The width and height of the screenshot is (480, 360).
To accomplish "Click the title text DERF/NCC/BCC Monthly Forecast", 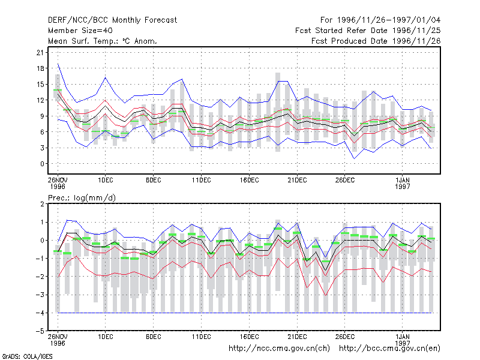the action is (x=112, y=20).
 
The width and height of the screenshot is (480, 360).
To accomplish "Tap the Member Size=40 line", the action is (x=80, y=31).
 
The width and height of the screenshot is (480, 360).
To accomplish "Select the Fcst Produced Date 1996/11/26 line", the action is (x=376, y=41).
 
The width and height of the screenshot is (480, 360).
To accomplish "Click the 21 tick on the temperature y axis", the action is (x=40, y=53).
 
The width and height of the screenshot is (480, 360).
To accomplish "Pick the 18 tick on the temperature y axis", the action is (x=40, y=68).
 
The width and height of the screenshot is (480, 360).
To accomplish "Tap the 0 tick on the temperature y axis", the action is (x=42, y=164).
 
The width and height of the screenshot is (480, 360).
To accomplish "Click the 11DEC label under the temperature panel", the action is (x=201, y=181).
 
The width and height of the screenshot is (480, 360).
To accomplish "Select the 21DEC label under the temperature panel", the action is (x=297, y=181).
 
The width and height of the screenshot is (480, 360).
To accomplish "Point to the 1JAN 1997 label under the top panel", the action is (x=402, y=183).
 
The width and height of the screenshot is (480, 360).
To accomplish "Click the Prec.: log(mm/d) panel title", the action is (x=82, y=198).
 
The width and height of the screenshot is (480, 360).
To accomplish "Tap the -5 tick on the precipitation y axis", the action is (x=40, y=331).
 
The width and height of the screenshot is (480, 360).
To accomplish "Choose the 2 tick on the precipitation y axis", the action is (x=42, y=204).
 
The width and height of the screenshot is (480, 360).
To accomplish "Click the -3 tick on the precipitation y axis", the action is (x=40, y=295).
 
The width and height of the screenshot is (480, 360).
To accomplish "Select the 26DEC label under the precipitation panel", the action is (x=344, y=337).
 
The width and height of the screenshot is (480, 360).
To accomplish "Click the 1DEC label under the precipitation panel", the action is (x=106, y=337).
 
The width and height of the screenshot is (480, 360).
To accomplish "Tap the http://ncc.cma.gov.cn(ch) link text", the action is (x=279, y=349).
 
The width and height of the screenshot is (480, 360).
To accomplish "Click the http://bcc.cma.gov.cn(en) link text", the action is (x=389, y=349).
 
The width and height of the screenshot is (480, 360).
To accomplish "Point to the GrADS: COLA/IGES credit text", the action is (x=27, y=356).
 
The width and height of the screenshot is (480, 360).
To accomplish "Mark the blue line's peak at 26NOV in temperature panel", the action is (x=58, y=64).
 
